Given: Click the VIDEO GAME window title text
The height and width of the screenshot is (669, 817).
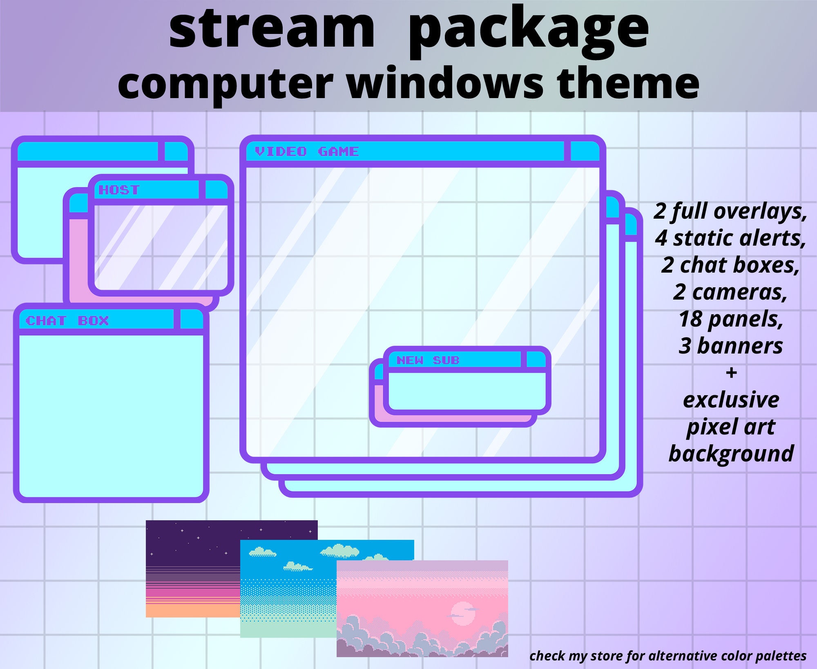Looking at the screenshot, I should click(x=307, y=152).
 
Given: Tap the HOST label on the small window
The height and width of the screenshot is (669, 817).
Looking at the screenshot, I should click(x=119, y=190).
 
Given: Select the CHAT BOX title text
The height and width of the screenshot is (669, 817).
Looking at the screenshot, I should click(x=67, y=321).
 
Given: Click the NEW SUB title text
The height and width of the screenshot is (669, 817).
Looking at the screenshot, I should click(x=428, y=360).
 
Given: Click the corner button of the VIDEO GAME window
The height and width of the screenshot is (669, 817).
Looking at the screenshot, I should click(x=585, y=152).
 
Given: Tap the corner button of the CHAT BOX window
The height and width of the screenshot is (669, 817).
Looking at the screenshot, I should click(x=191, y=320).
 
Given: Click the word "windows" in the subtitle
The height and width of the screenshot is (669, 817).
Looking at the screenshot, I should click(x=445, y=83).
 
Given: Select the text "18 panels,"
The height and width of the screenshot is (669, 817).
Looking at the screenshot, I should click(x=731, y=319).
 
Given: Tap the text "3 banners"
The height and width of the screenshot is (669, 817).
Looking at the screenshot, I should click(x=731, y=346).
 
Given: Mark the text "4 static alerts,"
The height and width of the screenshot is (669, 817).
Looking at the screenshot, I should click(x=731, y=238).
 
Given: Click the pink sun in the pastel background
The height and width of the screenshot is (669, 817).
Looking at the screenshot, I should click(x=463, y=613).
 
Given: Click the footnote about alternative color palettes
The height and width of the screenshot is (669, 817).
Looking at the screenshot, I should click(x=668, y=656).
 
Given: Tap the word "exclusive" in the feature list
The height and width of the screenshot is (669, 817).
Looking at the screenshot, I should click(x=731, y=400).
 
